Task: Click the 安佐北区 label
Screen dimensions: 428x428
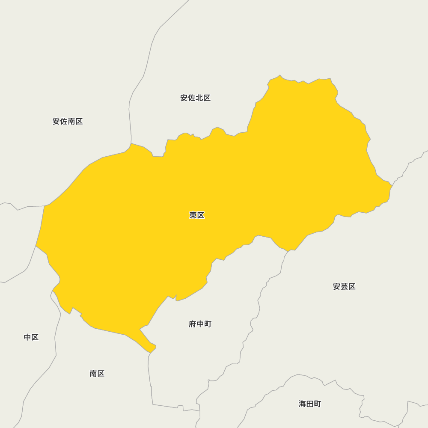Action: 196,98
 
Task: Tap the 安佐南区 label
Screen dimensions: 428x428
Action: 68,122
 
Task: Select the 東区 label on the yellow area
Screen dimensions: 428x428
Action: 197,215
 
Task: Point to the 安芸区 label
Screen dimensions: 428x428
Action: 344,287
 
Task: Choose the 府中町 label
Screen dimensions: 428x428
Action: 200,324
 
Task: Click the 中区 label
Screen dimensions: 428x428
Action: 31,337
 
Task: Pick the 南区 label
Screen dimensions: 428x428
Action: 97,374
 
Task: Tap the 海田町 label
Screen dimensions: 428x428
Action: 310,404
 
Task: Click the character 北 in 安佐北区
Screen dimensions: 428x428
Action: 199,98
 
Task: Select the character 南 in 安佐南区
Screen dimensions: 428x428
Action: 71,122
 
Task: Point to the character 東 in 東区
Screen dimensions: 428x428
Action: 193,215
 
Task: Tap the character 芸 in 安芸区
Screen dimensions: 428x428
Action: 344,287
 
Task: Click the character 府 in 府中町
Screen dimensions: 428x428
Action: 192,324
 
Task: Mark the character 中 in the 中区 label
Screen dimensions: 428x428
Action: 27,337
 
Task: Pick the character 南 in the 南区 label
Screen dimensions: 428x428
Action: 93,374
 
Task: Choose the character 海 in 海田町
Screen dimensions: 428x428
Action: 302,404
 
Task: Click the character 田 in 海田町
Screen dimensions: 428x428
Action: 310,404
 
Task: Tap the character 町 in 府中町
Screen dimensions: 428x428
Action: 208,324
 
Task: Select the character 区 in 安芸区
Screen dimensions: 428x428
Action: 352,287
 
